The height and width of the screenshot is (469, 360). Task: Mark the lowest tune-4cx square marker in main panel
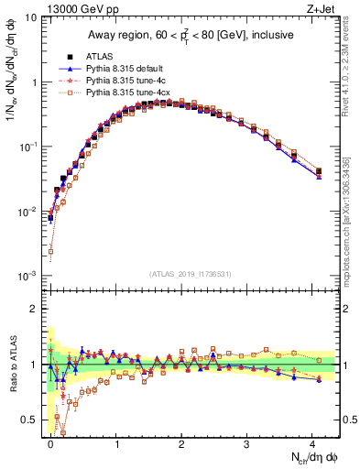[51, 251]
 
